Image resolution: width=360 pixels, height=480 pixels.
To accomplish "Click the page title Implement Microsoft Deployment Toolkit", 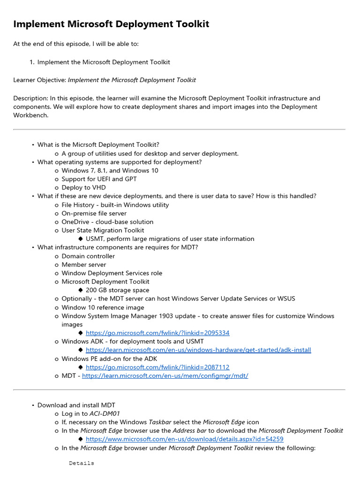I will coord(111,24).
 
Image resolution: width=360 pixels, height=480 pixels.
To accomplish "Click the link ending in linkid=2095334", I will coord(157,333).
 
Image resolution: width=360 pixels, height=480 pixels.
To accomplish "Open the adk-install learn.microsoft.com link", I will coord(198,350).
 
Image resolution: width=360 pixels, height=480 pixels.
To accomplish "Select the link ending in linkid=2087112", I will coord(157,367).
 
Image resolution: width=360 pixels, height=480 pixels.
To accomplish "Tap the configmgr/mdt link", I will coord(165,375).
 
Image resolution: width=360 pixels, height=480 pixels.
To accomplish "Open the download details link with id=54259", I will coord(185,439).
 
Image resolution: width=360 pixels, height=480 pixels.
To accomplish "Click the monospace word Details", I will coord(82,463).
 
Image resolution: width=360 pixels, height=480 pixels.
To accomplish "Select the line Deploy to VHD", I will coord(83,187).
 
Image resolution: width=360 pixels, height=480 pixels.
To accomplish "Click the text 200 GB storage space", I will coord(117,290).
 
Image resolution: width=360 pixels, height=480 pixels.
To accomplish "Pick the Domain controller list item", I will coord(88,256).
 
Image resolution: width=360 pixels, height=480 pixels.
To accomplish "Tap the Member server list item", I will coord(84,264).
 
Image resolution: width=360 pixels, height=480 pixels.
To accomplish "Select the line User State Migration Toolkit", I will coord(103,230).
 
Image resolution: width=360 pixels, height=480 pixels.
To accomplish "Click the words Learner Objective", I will coord(39,80).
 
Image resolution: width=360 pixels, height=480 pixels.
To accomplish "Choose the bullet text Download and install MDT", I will coord(76,405).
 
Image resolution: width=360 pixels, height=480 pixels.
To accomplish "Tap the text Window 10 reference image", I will coord(103,307).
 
